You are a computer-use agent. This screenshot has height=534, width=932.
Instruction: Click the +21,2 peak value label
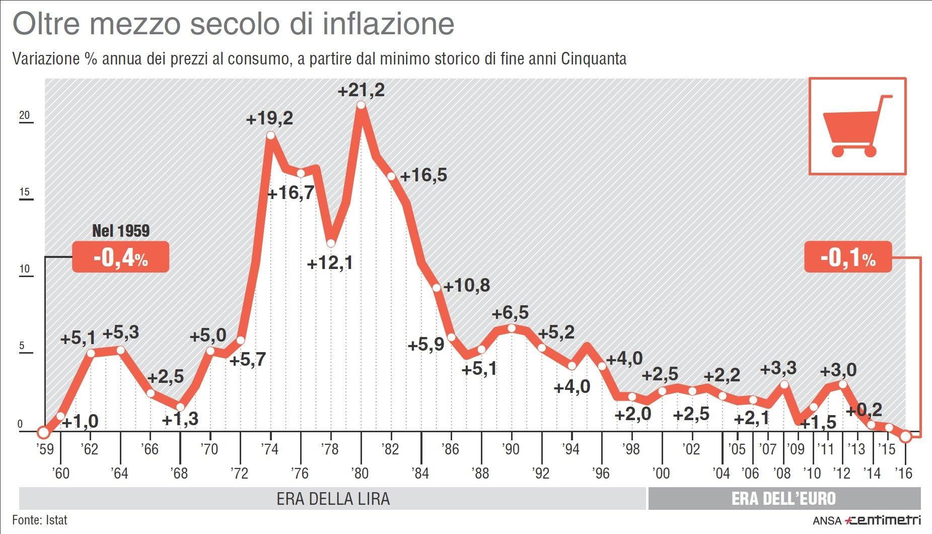point(361,90)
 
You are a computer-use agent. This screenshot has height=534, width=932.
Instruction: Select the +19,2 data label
point(269,119)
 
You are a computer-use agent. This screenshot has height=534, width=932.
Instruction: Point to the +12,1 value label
point(330,262)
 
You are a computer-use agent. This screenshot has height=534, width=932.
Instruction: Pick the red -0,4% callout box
point(120,257)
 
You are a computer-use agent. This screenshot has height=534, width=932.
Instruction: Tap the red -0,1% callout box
point(848,257)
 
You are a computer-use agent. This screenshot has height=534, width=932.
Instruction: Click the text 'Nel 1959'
point(121,231)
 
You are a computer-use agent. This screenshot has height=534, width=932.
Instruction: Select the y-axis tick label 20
point(24,115)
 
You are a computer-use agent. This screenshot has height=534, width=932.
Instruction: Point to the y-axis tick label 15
point(24,192)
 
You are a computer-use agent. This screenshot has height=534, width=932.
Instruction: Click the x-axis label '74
point(269,448)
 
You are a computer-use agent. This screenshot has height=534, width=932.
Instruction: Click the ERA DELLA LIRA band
point(333,499)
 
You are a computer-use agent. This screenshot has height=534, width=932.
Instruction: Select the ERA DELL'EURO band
point(783,499)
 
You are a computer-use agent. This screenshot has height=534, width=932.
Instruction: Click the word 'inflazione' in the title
point(388,24)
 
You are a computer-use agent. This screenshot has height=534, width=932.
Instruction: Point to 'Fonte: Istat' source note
point(39,520)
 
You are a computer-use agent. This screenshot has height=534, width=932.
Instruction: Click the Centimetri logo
point(882,520)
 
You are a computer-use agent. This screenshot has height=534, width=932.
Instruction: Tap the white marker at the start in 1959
point(43,432)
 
